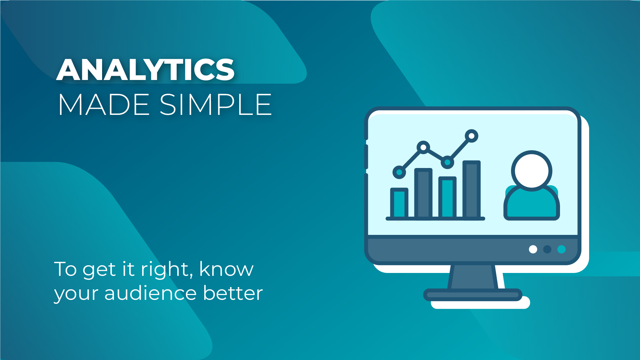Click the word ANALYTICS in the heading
tap(146, 69)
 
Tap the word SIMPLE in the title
tap(216, 105)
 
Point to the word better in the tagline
tap(233, 293)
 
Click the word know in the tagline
tap(227, 268)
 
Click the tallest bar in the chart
tap(471, 190)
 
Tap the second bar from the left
tap(423, 194)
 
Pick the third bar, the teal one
tap(447, 197)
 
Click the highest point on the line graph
tap(471, 136)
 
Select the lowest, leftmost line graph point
tap(399, 172)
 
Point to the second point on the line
tap(423, 147)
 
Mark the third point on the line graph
tap(447, 162)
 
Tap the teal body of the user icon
tap(532, 204)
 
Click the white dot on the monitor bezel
tap(533, 249)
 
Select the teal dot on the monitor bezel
tap(562, 249)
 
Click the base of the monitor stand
tap(473, 295)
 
